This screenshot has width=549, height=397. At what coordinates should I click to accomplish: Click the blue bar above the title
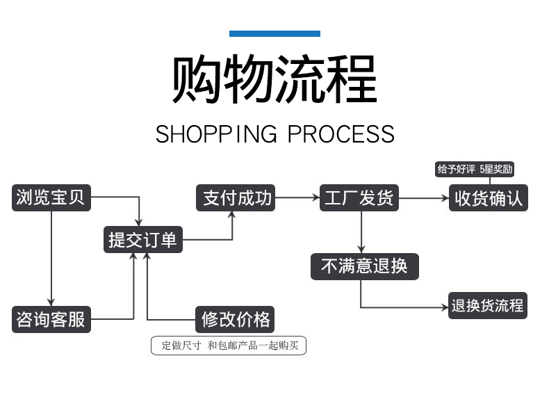click(274, 33)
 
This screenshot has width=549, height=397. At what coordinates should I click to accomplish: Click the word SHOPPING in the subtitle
click(216, 134)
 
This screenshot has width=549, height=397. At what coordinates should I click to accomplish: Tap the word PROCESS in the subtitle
click(341, 134)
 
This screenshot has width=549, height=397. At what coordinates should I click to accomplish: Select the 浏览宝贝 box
click(51, 197)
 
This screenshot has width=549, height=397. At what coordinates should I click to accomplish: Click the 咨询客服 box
click(51, 319)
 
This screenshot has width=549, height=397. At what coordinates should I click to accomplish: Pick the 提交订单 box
click(143, 240)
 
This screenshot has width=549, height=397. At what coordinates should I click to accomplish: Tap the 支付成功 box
click(236, 197)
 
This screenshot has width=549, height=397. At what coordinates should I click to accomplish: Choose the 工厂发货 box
click(359, 197)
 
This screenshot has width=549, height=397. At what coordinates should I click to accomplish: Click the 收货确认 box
click(489, 197)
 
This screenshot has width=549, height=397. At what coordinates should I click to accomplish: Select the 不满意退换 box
click(364, 266)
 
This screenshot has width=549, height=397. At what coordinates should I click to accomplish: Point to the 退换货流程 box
click(488, 305)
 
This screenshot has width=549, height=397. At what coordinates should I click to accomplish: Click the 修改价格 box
click(235, 319)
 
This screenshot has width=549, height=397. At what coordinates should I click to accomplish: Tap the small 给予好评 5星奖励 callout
click(475, 169)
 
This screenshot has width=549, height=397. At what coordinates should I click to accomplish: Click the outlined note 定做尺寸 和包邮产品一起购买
click(228, 346)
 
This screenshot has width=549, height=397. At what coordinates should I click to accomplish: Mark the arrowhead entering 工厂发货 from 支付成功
click(316, 198)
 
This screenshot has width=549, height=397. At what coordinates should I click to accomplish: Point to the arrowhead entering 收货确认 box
click(445, 198)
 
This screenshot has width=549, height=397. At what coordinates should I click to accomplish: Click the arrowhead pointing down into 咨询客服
click(51, 302)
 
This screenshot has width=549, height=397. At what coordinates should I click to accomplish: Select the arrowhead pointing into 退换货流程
click(445, 307)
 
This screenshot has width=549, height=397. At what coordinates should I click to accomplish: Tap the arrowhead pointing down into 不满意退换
click(361, 249)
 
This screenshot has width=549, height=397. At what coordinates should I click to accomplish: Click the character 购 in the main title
click(197, 79)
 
